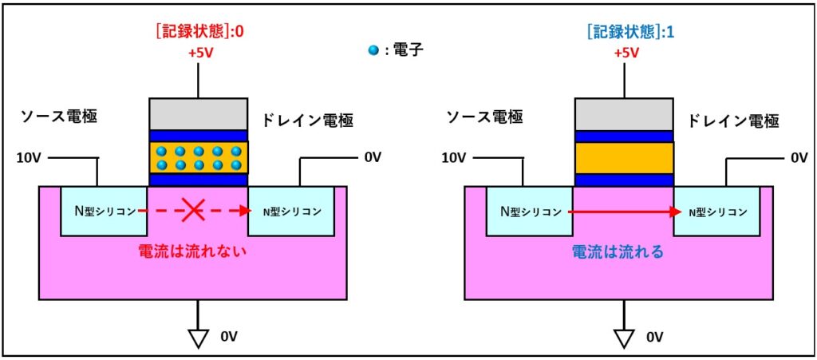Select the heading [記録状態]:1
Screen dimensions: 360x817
624,34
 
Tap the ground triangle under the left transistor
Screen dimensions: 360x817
198,338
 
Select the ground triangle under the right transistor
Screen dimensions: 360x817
624,338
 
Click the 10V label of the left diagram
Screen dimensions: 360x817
30,158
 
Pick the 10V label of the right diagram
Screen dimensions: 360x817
455,158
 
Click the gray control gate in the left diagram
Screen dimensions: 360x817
198,113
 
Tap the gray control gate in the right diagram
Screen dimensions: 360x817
624,113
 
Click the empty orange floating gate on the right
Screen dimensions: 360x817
624,158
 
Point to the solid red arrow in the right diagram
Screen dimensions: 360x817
622,212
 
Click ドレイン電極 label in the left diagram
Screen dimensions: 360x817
307,121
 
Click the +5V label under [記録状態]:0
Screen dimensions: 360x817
199,53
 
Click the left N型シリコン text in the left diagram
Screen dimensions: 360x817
102,212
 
